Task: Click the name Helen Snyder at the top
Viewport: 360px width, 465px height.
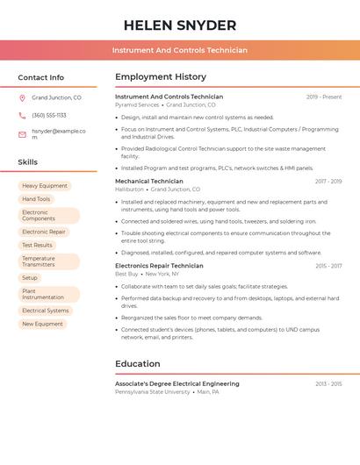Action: tap(180, 25)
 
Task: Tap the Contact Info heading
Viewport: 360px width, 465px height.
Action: tap(40, 77)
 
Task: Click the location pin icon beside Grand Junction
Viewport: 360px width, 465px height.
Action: tap(22, 98)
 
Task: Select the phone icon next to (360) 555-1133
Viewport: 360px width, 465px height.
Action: tap(22, 116)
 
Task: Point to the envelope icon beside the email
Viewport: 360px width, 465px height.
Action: tap(22, 134)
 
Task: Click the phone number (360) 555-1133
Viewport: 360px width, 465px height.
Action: tap(49, 116)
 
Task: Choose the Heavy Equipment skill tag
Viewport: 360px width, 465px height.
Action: tap(45, 186)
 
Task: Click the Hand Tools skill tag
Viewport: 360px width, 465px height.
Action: tap(36, 199)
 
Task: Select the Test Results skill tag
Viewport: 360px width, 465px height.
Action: tap(38, 246)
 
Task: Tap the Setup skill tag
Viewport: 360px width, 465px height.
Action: tap(30, 278)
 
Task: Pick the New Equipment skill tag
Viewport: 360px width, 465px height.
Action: tap(42, 324)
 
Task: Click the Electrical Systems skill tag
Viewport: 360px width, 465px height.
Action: tap(46, 311)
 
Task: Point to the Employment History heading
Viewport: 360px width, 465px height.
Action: tap(160, 77)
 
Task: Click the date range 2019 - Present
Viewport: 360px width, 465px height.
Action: tap(324, 97)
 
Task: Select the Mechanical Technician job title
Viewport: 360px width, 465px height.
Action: tap(149, 182)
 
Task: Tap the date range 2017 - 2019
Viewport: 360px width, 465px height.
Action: tap(328, 182)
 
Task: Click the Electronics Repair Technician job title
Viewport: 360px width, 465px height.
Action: tap(159, 266)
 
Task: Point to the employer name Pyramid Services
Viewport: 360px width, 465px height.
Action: tap(137, 104)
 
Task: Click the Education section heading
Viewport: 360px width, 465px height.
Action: tap(138, 364)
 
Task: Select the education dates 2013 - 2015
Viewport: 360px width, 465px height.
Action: tap(328, 384)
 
